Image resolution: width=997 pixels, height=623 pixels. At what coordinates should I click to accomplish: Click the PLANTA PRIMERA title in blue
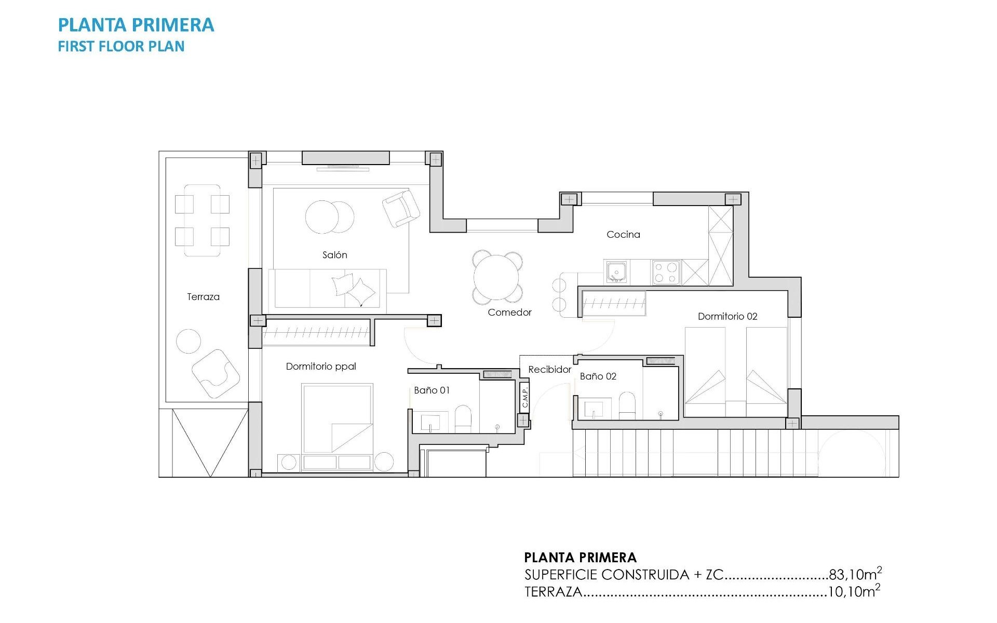136,25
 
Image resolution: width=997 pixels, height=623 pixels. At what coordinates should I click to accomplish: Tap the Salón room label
334,255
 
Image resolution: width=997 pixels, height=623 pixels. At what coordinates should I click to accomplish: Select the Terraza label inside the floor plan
203,297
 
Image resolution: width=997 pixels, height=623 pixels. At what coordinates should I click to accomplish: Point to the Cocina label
623,235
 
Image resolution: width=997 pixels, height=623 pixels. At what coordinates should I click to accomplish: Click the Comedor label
509,313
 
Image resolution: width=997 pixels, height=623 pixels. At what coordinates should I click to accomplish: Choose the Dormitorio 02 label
727,317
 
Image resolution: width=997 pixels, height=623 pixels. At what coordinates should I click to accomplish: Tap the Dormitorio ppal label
321,367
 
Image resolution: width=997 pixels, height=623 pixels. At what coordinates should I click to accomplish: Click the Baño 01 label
432,390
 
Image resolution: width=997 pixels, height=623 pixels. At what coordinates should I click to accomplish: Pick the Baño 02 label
598,376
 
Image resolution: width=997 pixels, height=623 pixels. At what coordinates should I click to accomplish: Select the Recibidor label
549,370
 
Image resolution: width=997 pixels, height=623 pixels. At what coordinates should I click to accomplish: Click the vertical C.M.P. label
524,397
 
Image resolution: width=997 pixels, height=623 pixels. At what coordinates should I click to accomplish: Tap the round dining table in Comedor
497,277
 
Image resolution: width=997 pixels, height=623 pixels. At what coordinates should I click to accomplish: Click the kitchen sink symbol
616,272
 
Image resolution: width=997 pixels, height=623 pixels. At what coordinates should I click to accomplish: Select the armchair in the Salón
401,208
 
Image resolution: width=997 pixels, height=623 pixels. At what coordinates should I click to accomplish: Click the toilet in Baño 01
463,418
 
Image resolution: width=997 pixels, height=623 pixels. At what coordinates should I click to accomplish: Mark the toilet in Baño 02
627,405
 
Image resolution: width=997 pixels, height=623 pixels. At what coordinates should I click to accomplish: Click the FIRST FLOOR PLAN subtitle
121,46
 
